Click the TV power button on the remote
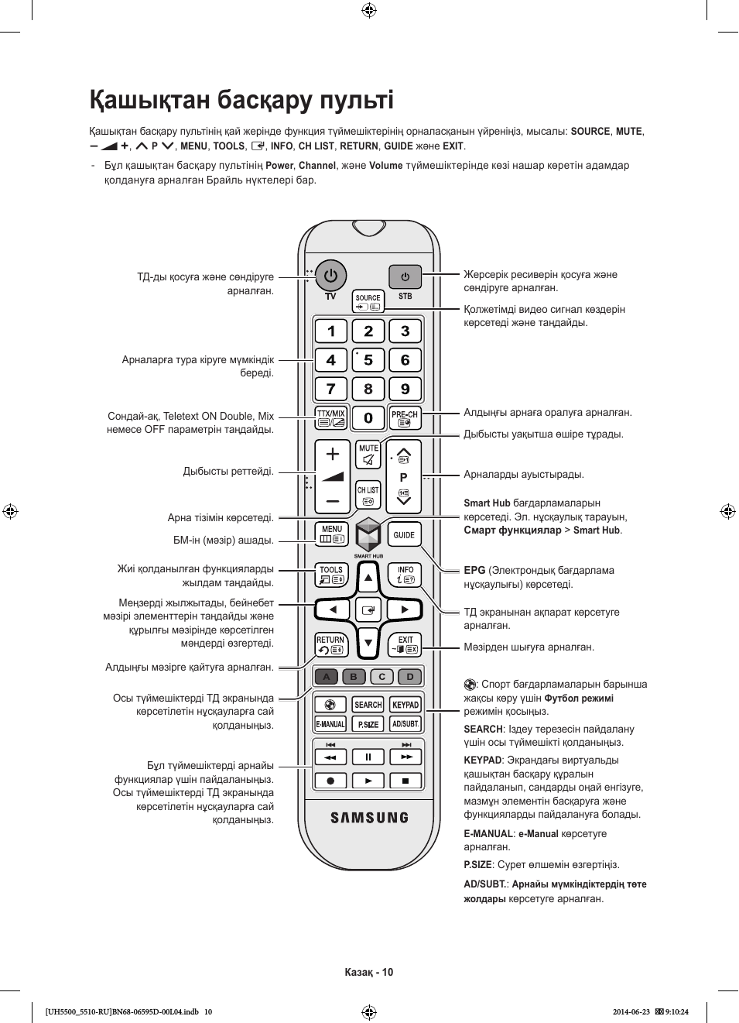[x=331, y=276]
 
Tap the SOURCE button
[x=368, y=301]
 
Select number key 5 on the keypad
[x=368, y=360]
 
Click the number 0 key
[x=368, y=418]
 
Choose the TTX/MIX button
[x=331, y=418]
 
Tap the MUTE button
[x=368, y=455]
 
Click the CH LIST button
[x=368, y=495]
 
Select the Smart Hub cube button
[x=368, y=535]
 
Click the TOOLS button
[x=331, y=575]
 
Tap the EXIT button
[x=405, y=645]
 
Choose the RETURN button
[x=331, y=645]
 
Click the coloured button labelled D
[x=410, y=677]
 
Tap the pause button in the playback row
[x=368, y=757]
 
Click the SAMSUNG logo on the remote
[x=369, y=817]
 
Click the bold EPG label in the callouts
[x=474, y=571]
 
